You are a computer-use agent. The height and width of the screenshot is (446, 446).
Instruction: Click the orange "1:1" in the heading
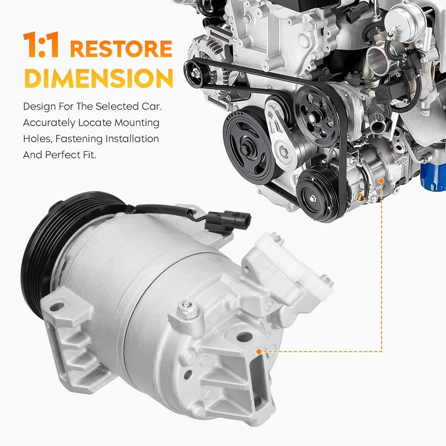[x=41, y=45]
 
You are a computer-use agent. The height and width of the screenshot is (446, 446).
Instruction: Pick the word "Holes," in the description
[x=38, y=139]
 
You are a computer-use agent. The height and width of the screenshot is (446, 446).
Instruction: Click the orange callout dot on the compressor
[x=259, y=352]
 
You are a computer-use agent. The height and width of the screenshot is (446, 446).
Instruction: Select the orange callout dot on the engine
[x=381, y=181]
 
